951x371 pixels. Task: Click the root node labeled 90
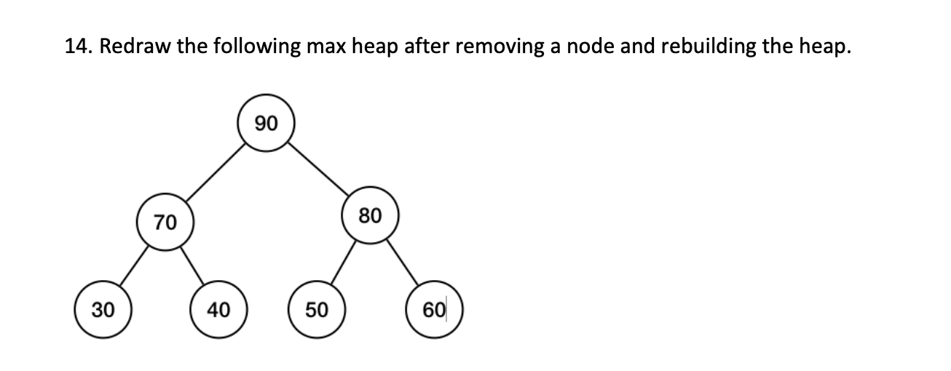point(267,124)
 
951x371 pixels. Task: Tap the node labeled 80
point(370,216)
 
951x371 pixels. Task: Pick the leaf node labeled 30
point(103,310)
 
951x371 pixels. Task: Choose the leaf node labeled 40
point(218,310)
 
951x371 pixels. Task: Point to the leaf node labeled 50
point(316,310)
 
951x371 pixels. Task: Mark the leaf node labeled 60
point(434,310)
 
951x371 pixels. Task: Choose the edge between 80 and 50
point(343,263)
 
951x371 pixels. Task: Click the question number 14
point(79,47)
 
